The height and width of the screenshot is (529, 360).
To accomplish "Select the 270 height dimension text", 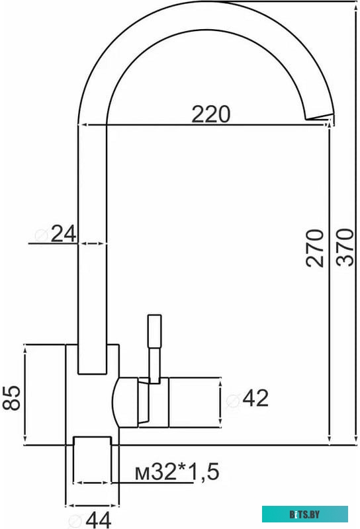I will click(316, 247).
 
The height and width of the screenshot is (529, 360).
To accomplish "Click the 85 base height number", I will click(11, 398).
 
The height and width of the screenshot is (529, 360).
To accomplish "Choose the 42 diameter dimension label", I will click(255, 398).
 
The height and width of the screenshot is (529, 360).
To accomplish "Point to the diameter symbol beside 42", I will click(233, 399).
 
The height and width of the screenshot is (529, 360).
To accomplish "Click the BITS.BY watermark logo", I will click(305, 513).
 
